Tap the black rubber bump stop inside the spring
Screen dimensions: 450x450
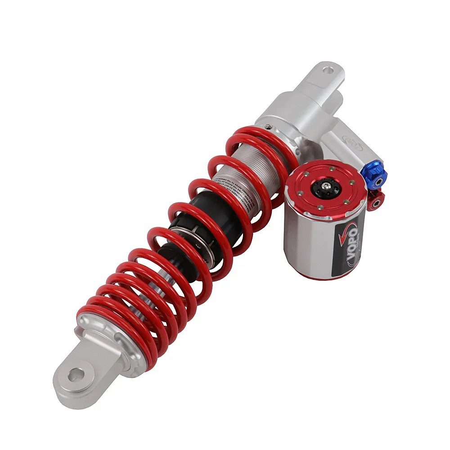pos(202,216)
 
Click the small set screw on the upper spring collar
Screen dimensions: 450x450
pos(268,126)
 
